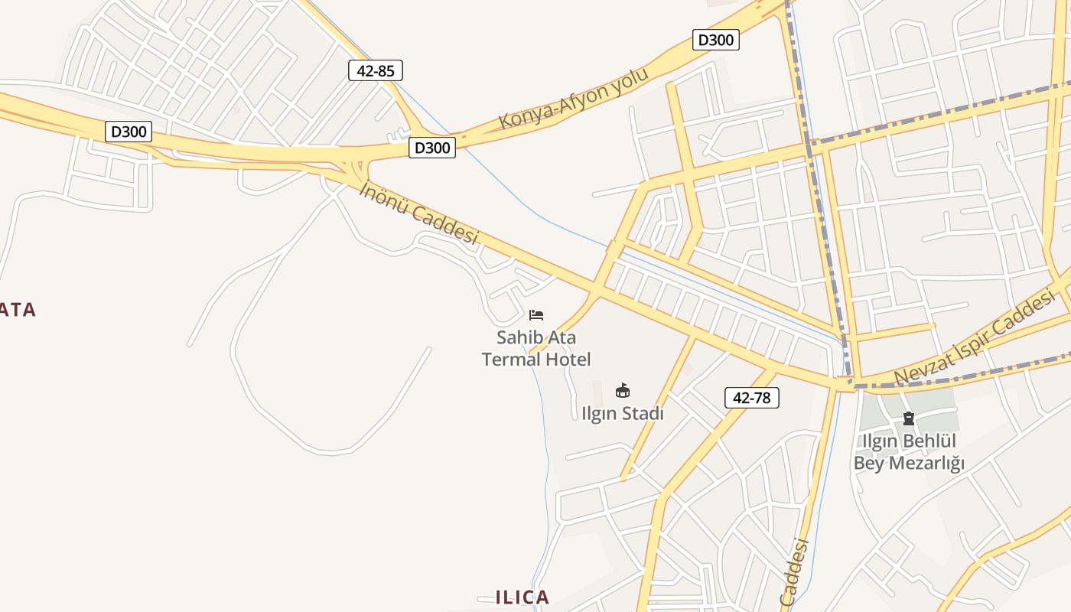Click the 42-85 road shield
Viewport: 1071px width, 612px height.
375,71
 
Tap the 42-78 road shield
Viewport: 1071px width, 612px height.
751,398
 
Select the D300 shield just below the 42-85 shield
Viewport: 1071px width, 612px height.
432,148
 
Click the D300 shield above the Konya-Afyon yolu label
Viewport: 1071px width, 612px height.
716,40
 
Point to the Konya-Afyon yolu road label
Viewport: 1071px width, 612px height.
573,99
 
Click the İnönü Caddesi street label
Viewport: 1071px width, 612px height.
418,213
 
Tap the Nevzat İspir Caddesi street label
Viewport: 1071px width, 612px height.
975,341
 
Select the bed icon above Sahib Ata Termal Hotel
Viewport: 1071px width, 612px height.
536,314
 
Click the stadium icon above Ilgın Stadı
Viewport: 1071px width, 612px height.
623,391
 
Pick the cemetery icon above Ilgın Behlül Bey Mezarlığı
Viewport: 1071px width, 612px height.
909,418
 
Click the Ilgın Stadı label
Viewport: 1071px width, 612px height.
623,414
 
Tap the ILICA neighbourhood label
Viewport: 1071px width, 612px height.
522,597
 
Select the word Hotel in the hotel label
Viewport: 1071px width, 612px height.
568,359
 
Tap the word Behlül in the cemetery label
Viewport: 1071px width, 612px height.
933,441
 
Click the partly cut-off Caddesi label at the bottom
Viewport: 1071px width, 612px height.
795,572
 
